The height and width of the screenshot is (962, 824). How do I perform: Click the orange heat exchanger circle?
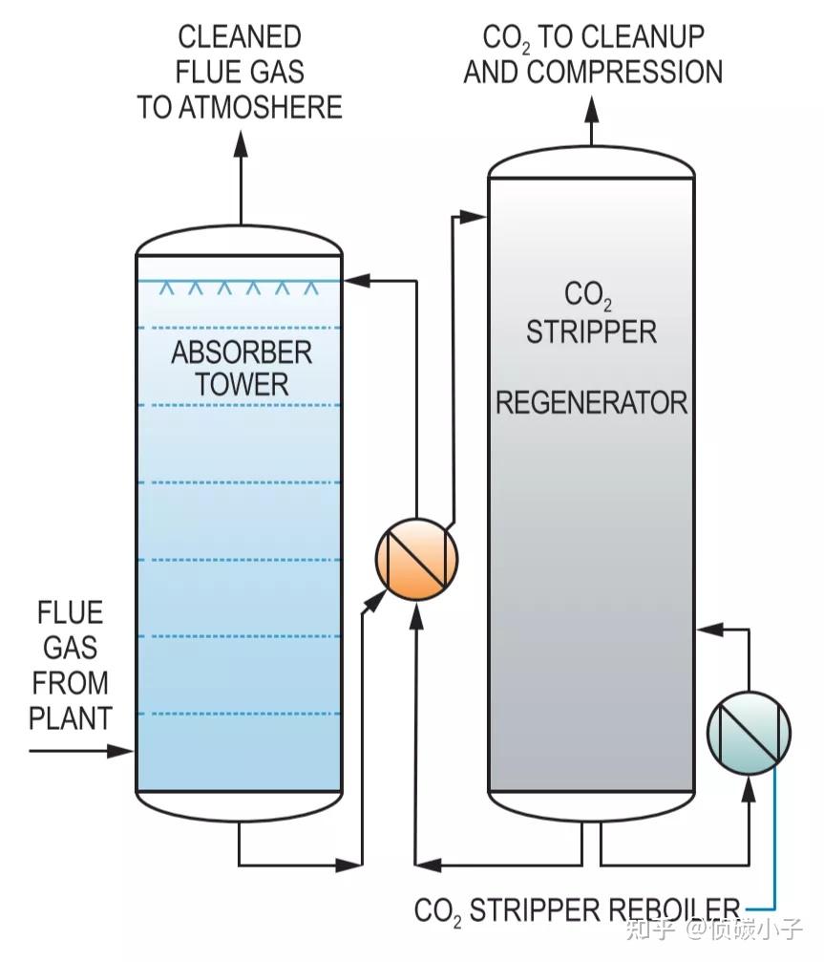pos(416,560)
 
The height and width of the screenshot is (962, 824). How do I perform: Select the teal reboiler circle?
pos(749,732)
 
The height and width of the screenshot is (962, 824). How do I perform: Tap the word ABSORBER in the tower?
pos(242,353)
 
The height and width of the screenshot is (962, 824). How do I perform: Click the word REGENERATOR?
pos(591,402)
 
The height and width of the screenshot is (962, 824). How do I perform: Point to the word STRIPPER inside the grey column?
pos(591,331)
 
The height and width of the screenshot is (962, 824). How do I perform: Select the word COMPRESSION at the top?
pos(625,72)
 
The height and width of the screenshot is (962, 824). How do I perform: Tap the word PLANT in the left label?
pos(70,716)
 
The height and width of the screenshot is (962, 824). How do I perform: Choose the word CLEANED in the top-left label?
pos(240,37)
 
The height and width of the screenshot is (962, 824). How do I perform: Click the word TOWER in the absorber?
pos(242,385)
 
